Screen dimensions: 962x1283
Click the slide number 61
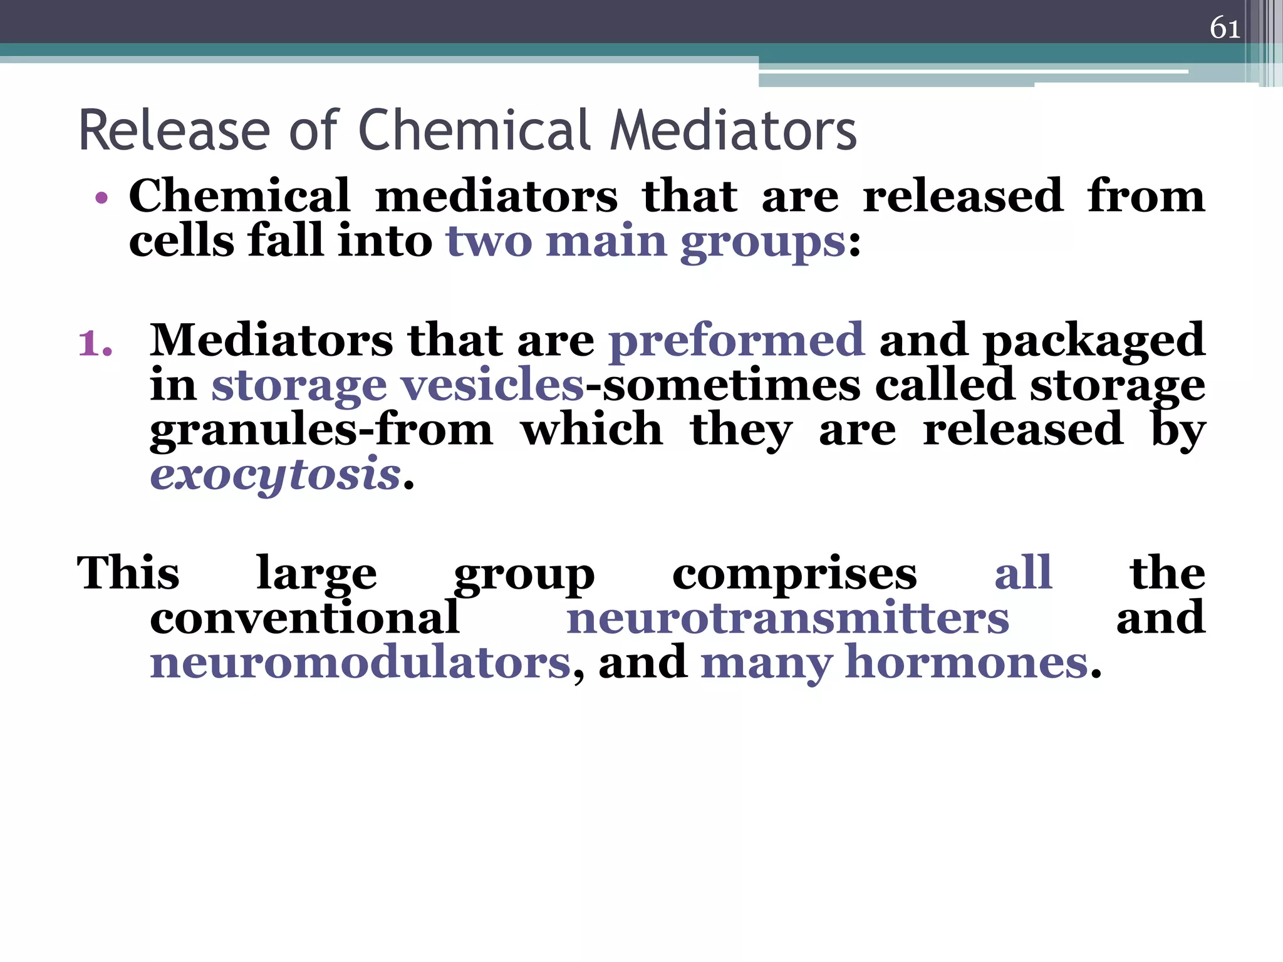coord(1225,28)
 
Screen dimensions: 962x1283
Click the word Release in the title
coord(174,131)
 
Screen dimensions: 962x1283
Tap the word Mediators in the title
coord(733,131)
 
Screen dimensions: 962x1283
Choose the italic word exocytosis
coord(275,475)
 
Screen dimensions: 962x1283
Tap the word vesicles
coord(492,385)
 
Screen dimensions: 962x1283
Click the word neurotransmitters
coord(787,619)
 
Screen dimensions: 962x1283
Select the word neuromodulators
coord(360,664)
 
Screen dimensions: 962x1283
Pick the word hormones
coord(967,664)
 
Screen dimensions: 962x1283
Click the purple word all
coord(1023,573)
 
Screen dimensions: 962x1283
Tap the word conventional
coord(305,619)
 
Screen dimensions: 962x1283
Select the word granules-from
coord(321,431)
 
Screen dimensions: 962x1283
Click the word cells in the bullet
coord(181,242)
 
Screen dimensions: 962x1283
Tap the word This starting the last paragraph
coord(128,573)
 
